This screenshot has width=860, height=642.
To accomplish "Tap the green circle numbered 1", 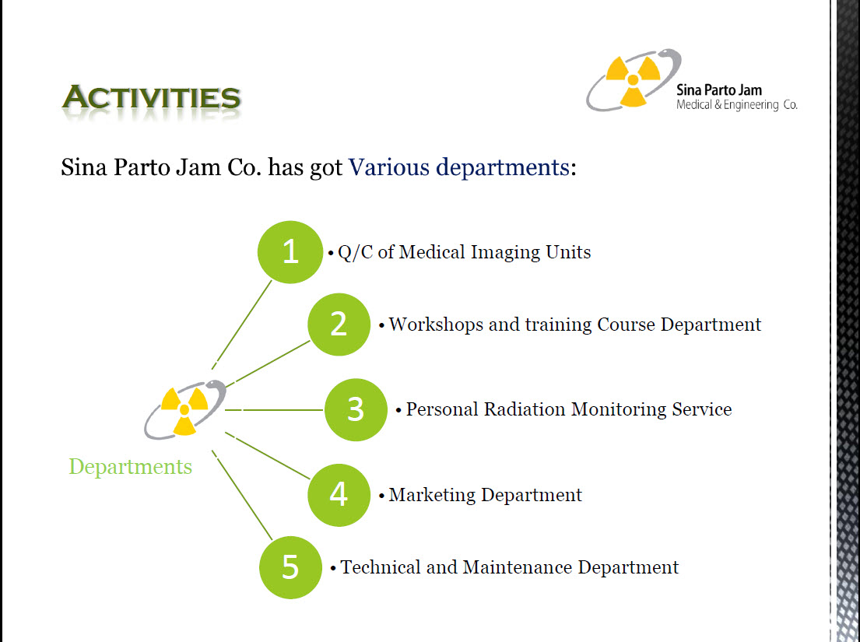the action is coord(290,252).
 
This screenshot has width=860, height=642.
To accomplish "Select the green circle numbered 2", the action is coord(339,325).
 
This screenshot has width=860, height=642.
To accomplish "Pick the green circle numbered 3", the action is coord(356,409).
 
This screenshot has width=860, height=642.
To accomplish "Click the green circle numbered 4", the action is coord(339,495).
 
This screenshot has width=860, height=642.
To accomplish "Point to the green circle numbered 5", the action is coord(290,567).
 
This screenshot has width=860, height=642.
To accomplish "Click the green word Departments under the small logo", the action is coord(131,467).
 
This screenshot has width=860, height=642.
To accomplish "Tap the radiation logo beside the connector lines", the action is coord(184,409).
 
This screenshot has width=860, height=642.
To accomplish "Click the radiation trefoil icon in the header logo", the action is coord(633,80).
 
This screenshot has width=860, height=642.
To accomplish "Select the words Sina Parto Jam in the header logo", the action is coord(719,90).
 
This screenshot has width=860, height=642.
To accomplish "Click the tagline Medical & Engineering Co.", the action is coord(736,105).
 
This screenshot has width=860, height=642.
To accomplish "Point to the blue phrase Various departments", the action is coord(459,167).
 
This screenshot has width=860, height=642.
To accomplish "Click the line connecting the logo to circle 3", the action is coord(274,409).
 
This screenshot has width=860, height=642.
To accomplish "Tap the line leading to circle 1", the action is coord(242,325).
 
